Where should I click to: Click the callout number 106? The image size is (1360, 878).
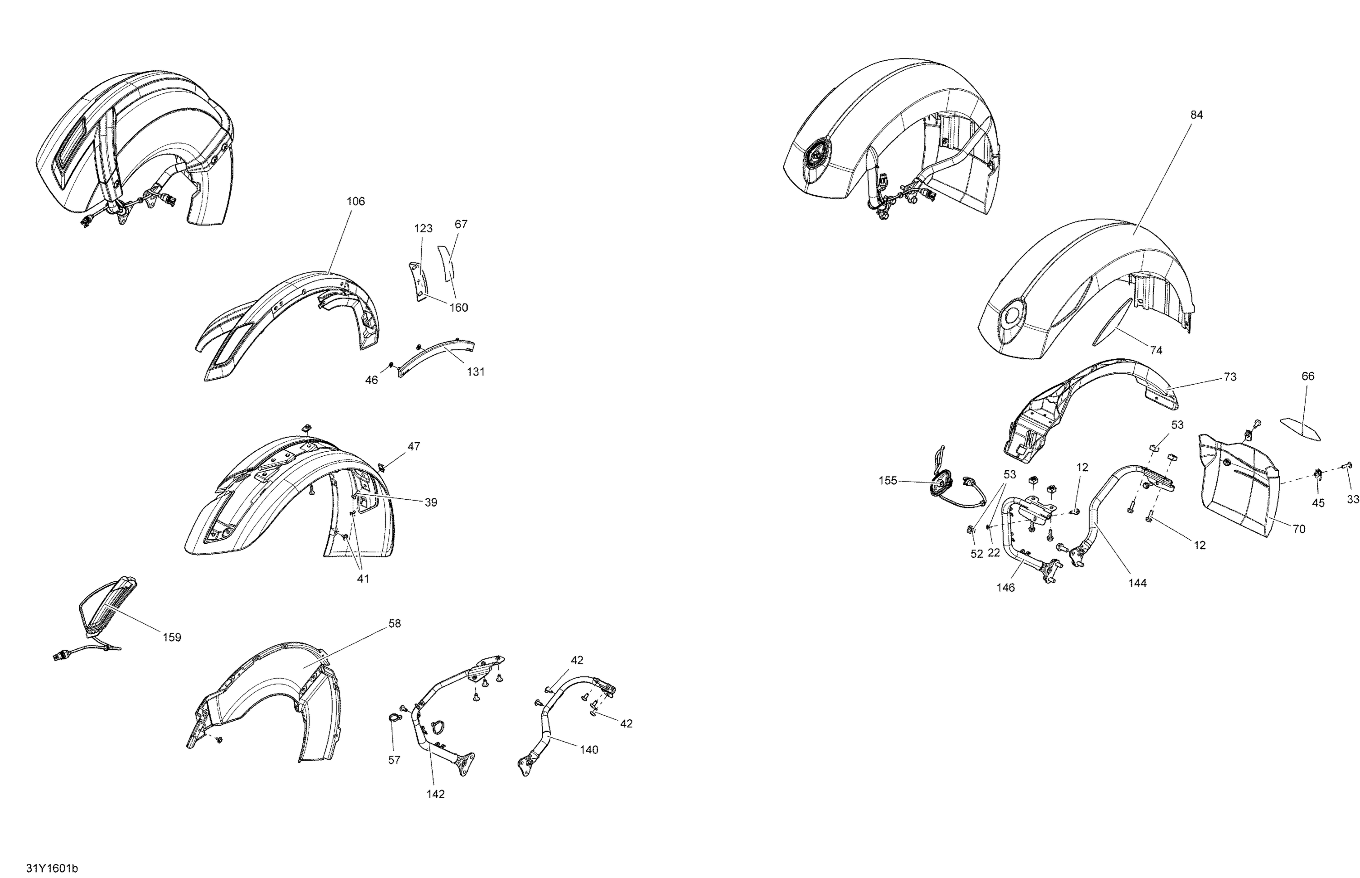click(355, 201)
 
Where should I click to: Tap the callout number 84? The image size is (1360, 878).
click(1196, 115)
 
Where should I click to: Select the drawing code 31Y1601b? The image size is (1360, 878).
click(52, 868)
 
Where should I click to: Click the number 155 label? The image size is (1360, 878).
click(887, 481)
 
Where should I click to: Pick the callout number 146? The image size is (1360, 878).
click(1005, 588)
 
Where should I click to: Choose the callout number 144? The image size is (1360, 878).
click(1137, 583)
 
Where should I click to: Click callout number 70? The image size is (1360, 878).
click(1298, 529)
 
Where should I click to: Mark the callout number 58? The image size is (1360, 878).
click(394, 624)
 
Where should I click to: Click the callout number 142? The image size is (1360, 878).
click(435, 794)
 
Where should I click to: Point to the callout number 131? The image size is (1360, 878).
click(475, 372)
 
